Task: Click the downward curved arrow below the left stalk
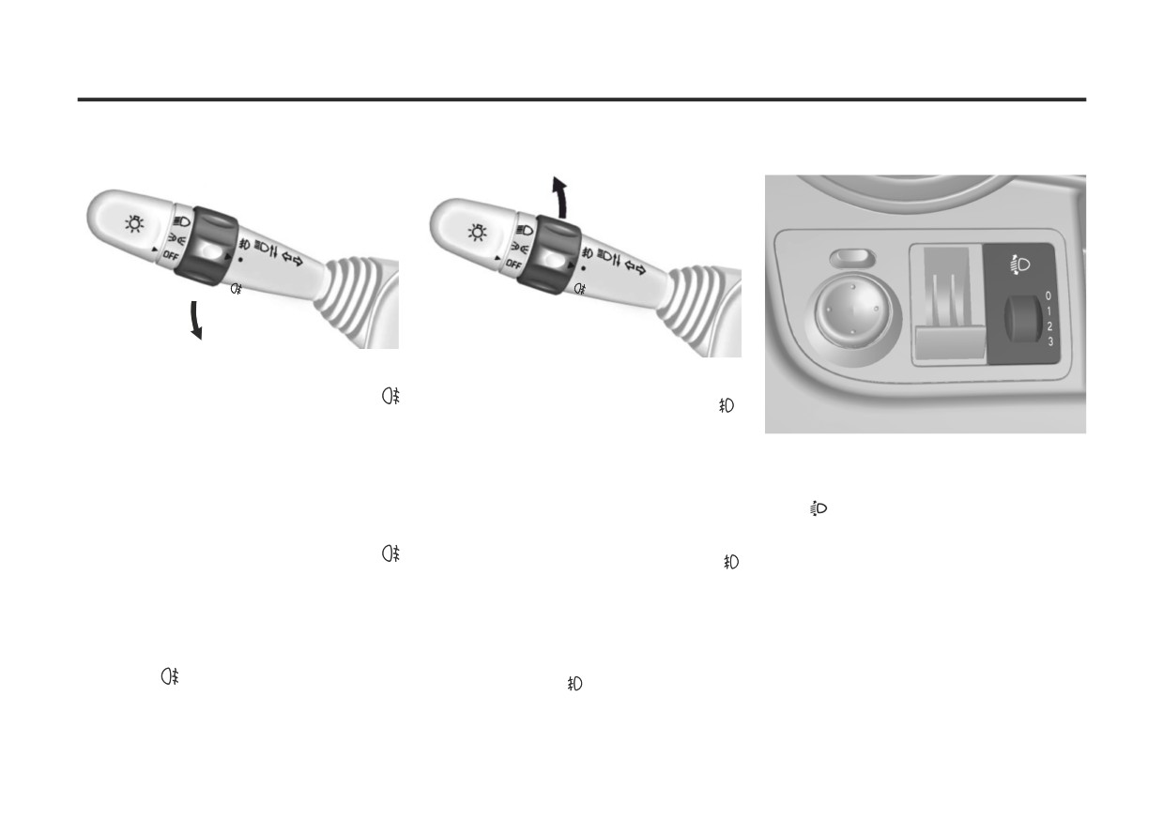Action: pos(194,320)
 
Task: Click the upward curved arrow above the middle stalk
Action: pos(560,197)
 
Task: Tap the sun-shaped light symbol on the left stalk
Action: pos(134,224)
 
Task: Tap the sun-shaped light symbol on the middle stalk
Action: pos(477,233)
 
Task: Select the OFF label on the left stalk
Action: pos(171,255)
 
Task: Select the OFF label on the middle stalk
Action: pos(513,264)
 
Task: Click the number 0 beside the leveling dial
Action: pos(1048,295)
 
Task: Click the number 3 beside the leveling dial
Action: pos(1050,342)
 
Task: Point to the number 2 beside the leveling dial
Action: pos(1049,326)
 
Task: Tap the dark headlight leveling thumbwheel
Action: pos(1022,318)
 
